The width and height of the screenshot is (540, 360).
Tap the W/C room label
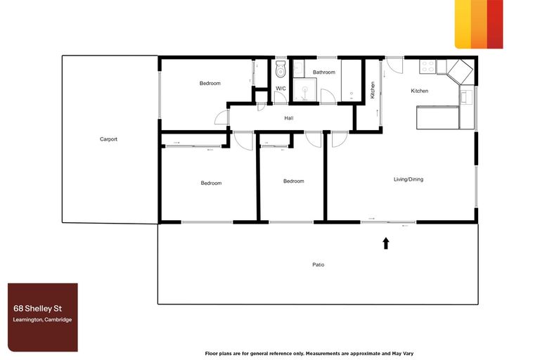tap(281, 89)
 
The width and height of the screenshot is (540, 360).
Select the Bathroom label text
tap(324, 72)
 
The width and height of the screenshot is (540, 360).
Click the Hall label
tap(288, 118)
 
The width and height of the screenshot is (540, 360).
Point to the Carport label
tap(108, 139)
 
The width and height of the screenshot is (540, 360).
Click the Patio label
tap(319, 265)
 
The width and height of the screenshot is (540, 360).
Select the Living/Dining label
tap(408, 179)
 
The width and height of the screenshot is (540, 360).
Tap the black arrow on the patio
tap(385, 243)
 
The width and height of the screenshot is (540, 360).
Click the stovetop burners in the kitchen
tap(427, 66)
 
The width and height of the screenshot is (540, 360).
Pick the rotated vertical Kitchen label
tap(373, 91)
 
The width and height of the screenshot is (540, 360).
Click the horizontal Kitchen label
tap(420, 91)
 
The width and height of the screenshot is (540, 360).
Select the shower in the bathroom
tap(304, 91)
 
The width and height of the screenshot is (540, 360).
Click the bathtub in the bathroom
tap(350, 81)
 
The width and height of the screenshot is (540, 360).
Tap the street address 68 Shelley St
tap(34, 308)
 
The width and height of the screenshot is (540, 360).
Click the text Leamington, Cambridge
tap(42, 320)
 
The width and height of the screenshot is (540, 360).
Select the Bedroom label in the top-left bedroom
tap(210, 84)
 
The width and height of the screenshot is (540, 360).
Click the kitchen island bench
tap(437, 117)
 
